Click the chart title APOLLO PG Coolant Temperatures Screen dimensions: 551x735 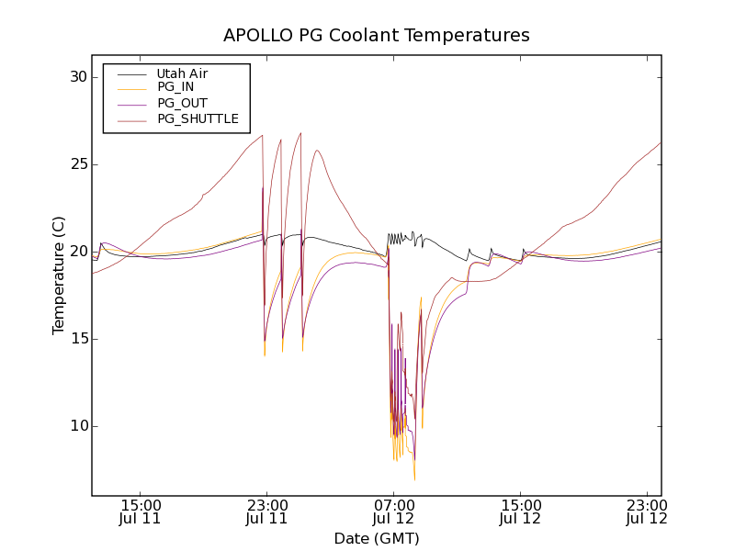(x=377, y=36)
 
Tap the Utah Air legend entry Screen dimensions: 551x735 (x=182, y=73)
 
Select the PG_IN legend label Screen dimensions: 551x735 (x=175, y=87)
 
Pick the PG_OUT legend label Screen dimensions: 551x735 (x=182, y=103)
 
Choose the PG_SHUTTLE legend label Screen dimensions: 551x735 (x=198, y=118)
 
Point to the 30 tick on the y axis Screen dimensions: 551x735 (x=78, y=77)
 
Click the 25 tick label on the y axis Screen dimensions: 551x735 (x=78, y=164)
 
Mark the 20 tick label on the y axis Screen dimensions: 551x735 (x=78, y=252)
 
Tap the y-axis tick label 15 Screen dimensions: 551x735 (x=78, y=339)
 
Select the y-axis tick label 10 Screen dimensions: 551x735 (x=78, y=426)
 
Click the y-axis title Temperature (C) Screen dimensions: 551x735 (x=59, y=275)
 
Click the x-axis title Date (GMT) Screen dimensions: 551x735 (x=377, y=538)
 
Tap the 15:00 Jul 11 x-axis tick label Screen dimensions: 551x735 (x=140, y=512)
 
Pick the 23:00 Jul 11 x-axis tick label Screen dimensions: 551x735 (x=266, y=512)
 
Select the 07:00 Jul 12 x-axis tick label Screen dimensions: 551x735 (x=393, y=512)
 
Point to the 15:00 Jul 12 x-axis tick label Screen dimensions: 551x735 (x=520, y=512)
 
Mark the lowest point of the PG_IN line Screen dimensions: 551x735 (x=414, y=479)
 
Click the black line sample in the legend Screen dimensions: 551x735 (x=132, y=73)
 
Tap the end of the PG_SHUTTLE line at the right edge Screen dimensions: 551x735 (x=661, y=142)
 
